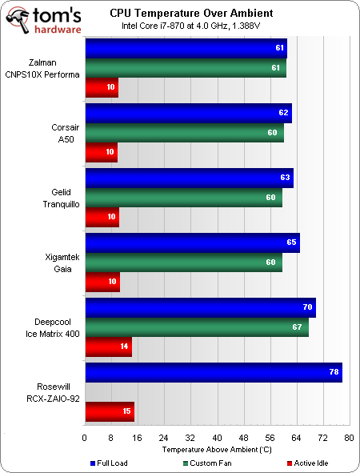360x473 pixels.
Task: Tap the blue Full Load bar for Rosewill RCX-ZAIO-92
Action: point(213,372)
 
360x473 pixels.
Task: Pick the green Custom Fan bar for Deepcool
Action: point(196,327)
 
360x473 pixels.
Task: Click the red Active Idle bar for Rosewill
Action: point(109,411)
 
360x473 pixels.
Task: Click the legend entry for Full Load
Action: point(110,463)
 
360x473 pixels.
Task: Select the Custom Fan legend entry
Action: point(212,463)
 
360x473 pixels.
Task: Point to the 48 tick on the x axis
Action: point(243,439)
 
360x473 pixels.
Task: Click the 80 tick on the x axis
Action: point(349,439)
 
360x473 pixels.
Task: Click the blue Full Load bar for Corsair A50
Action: point(188,113)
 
